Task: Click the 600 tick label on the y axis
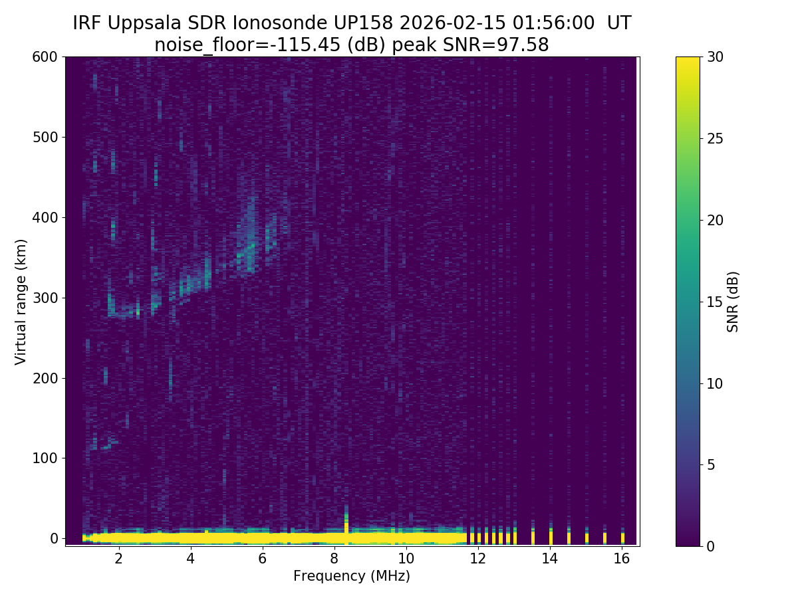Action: (x=46, y=57)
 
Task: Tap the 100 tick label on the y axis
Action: (x=46, y=458)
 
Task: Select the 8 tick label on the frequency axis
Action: (x=334, y=559)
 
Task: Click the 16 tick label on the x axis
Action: (x=621, y=559)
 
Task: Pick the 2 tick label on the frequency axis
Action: (x=118, y=559)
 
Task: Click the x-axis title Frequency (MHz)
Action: (x=352, y=576)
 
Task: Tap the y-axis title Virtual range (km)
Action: (x=21, y=302)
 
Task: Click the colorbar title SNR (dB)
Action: (x=733, y=302)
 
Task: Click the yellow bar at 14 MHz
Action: (x=551, y=537)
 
